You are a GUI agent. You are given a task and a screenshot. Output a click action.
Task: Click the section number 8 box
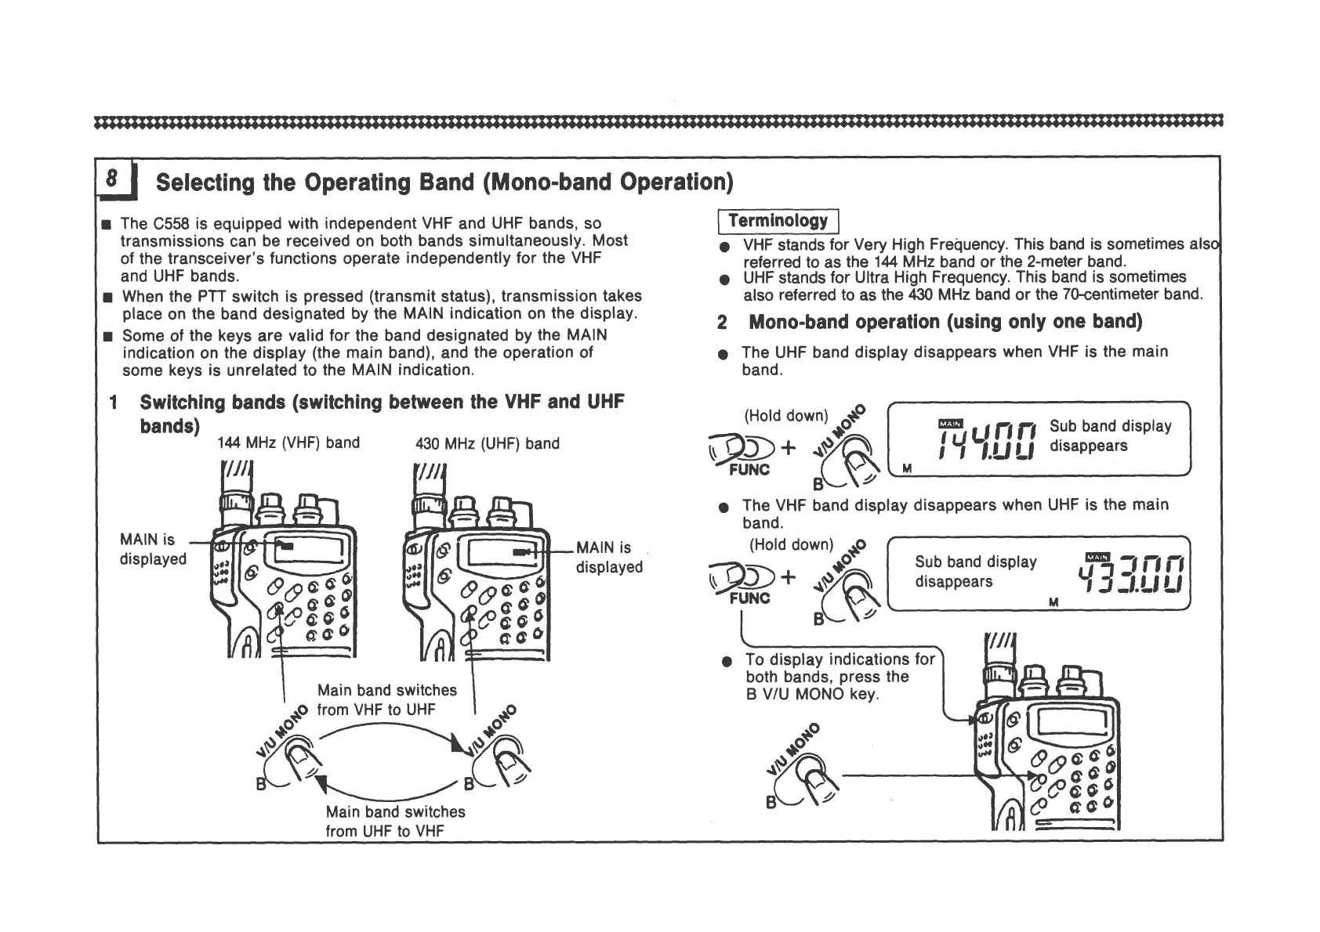113,179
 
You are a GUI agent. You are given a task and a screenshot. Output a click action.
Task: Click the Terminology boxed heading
778,222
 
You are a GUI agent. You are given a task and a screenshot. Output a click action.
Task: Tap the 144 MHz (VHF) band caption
288,443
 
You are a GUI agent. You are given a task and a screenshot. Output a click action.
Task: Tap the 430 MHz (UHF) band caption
488,443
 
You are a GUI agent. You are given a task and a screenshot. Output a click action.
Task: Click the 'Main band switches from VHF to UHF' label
387,699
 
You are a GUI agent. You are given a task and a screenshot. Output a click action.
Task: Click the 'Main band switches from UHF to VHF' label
395,821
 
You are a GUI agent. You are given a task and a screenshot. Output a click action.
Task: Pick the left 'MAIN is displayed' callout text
152,549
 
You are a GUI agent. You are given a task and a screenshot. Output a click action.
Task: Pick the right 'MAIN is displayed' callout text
609,557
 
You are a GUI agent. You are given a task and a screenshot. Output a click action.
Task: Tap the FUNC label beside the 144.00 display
749,470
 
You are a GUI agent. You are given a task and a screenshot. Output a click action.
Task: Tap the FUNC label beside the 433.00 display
749,598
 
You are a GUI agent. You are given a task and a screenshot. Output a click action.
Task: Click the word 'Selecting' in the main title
205,182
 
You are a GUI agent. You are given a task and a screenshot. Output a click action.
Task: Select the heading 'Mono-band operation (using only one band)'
945,322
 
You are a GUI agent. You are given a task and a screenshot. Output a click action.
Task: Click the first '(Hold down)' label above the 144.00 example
785,415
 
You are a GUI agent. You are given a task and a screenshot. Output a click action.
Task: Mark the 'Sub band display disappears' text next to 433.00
975,571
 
